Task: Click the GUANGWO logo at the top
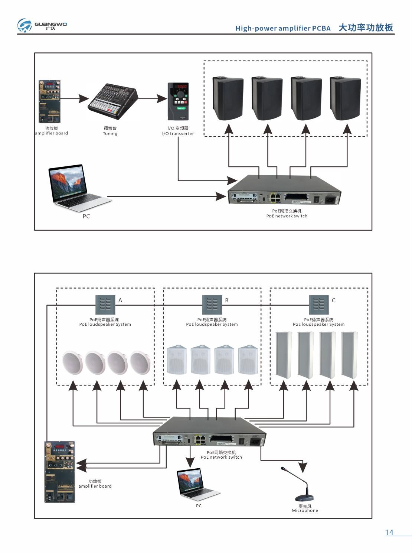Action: click(42, 25)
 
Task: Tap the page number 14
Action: click(389, 532)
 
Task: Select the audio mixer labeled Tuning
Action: click(113, 101)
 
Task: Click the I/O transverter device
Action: click(178, 101)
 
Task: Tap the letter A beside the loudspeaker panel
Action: click(120, 300)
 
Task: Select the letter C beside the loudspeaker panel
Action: click(333, 300)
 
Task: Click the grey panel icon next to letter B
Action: click(212, 305)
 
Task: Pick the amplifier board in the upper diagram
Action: click(49, 101)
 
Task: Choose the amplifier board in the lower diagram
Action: click(60, 472)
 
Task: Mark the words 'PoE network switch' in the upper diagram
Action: click(287, 216)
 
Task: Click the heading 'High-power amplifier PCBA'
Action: click(283, 29)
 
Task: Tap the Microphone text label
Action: click(305, 511)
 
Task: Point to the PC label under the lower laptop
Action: click(199, 506)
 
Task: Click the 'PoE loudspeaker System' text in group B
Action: click(212, 324)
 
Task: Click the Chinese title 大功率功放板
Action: click(366, 28)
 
